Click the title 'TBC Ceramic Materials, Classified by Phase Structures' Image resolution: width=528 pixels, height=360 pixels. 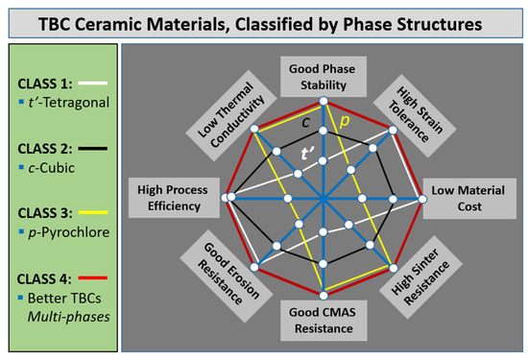pyautogui.click(x=264, y=21)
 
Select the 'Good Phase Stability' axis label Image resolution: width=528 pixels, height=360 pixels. pyautogui.click(x=324, y=76)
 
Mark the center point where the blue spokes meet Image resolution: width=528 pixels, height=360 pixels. pyautogui.click(x=324, y=199)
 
